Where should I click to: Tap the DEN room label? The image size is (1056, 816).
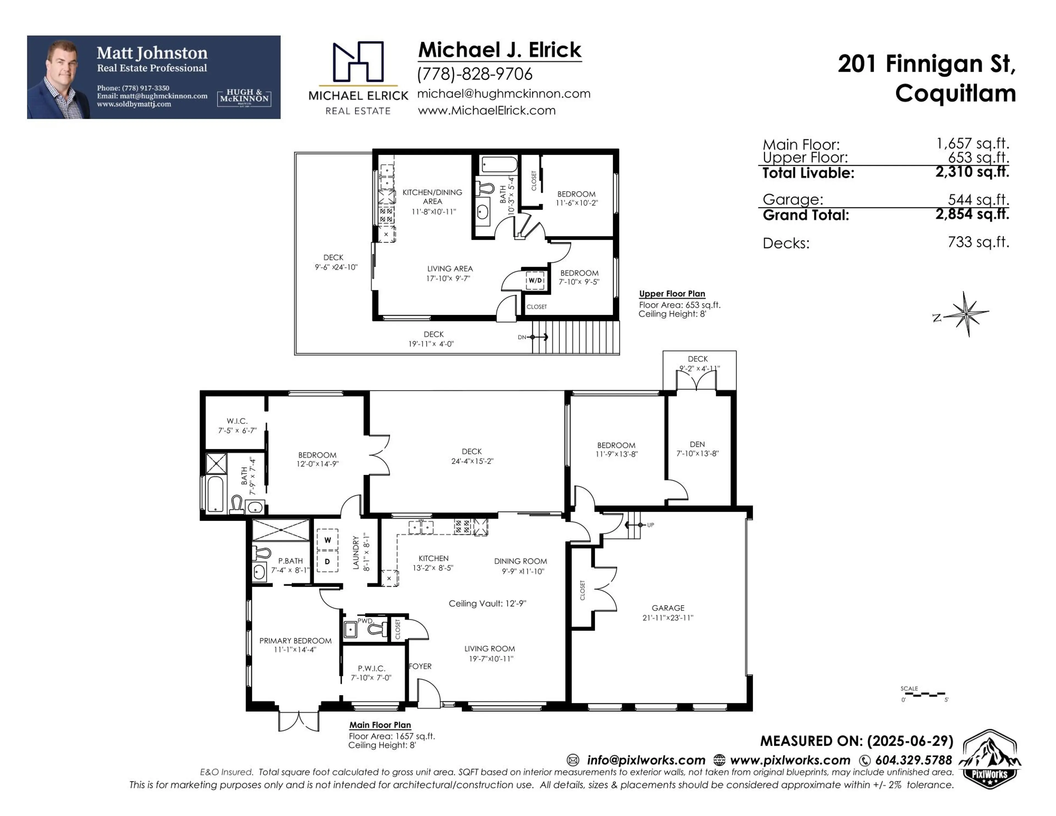pyautogui.click(x=697, y=444)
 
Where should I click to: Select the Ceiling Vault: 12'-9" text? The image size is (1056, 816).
pyautogui.click(x=487, y=603)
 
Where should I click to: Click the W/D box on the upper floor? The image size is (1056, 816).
pyautogui.click(x=535, y=280)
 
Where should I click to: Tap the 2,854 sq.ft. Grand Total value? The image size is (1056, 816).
pyautogui.click(x=972, y=214)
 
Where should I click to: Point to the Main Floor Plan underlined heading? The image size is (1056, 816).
pyautogui.click(x=380, y=725)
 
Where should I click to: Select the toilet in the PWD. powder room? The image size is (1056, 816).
pyautogui.click(x=377, y=629)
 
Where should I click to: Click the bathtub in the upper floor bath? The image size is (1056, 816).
pyautogui.click(x=499, y=164)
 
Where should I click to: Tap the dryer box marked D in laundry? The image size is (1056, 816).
pyautogui.click(x=327, y=562)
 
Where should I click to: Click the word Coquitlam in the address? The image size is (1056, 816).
pyautogui.click(x=955, y=93)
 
